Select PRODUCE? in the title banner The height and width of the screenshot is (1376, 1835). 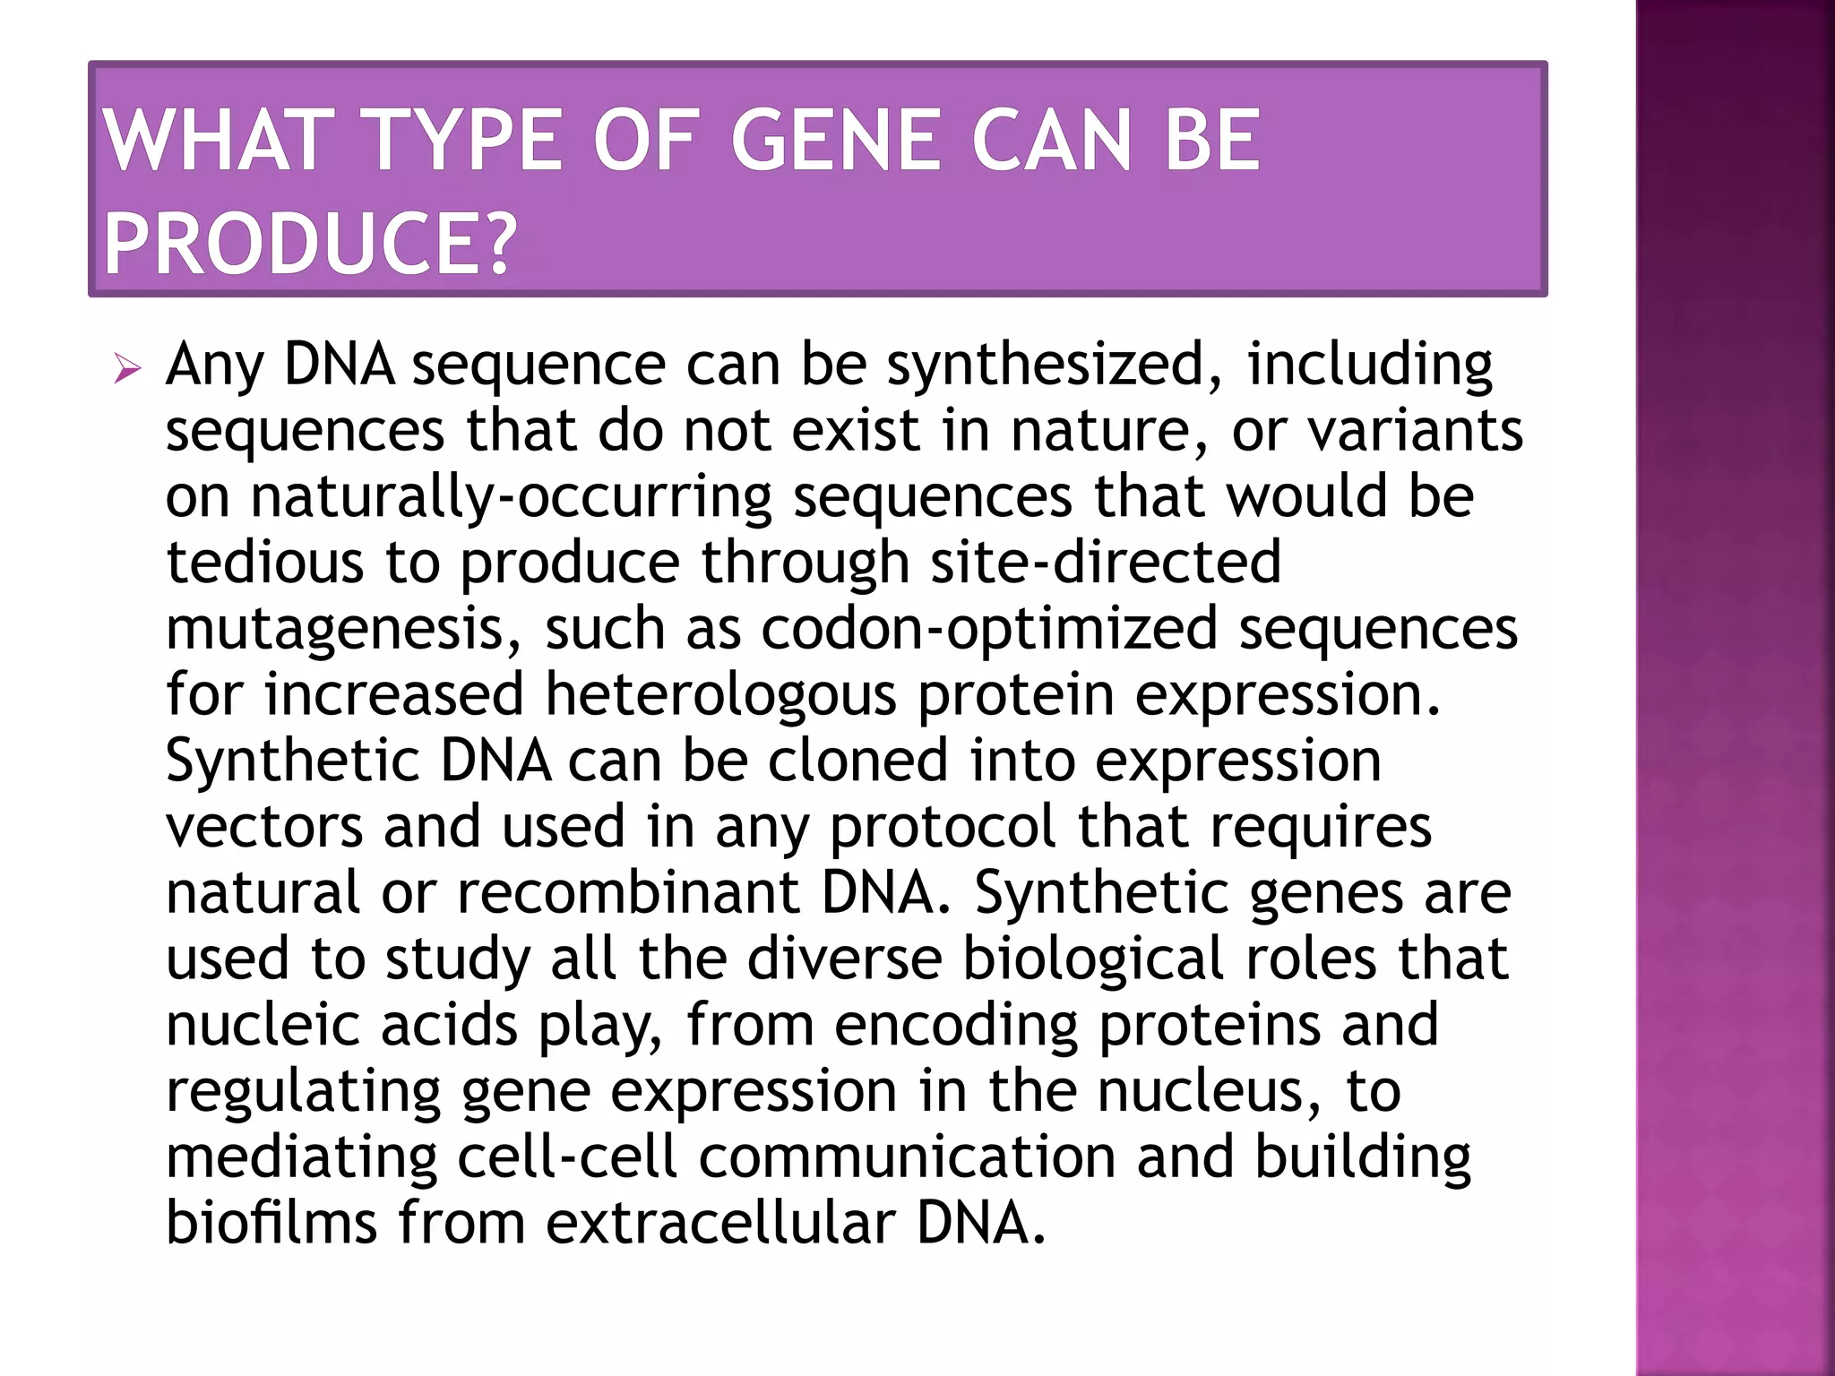(x=310, y=244)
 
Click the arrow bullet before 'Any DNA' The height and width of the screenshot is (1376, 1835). (x=128, y=368)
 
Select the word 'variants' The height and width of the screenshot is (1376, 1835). (x=1415, y=431)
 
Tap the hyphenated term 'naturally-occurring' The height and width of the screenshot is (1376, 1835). (x=511, y=497)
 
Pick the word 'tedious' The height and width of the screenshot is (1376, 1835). (x=265, y=563)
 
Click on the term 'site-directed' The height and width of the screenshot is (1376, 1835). (x=1106, y=563)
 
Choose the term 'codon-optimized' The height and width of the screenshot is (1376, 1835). (x=989, y=628)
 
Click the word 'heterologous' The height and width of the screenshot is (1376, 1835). (x=720, y=694)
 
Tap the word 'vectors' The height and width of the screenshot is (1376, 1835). (x=264, y=826)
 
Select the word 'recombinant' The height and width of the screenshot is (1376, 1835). (x=628, y=892)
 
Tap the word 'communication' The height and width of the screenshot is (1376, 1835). (x=907, y=1157)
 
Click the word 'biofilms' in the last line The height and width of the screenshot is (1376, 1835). (x=271, y=1222)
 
